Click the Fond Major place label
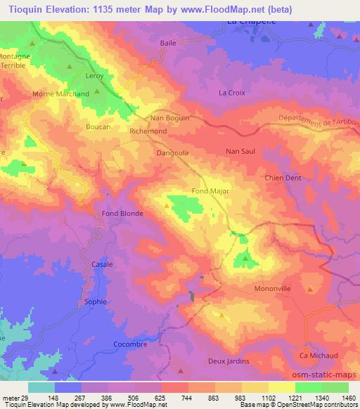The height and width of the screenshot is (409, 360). click(x=211, y=191)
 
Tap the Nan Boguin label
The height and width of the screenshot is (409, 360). click(x=170, y=118)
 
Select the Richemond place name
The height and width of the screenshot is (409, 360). click(x=148, y=131)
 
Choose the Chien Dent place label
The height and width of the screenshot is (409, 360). click(x=283, y=178)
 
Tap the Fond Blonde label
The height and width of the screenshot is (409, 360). click(x=122, y=214)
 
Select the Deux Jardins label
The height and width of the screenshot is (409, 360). click(x=229, y=361)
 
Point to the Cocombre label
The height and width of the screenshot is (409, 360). click(x=131, y=344)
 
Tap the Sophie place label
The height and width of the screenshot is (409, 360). click(x=96, y=301)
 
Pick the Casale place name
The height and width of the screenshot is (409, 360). click(x=102, y=264)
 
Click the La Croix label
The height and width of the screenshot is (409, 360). click(x=231, y=92)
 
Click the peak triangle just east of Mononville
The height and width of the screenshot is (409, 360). click(x=310, y=289)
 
